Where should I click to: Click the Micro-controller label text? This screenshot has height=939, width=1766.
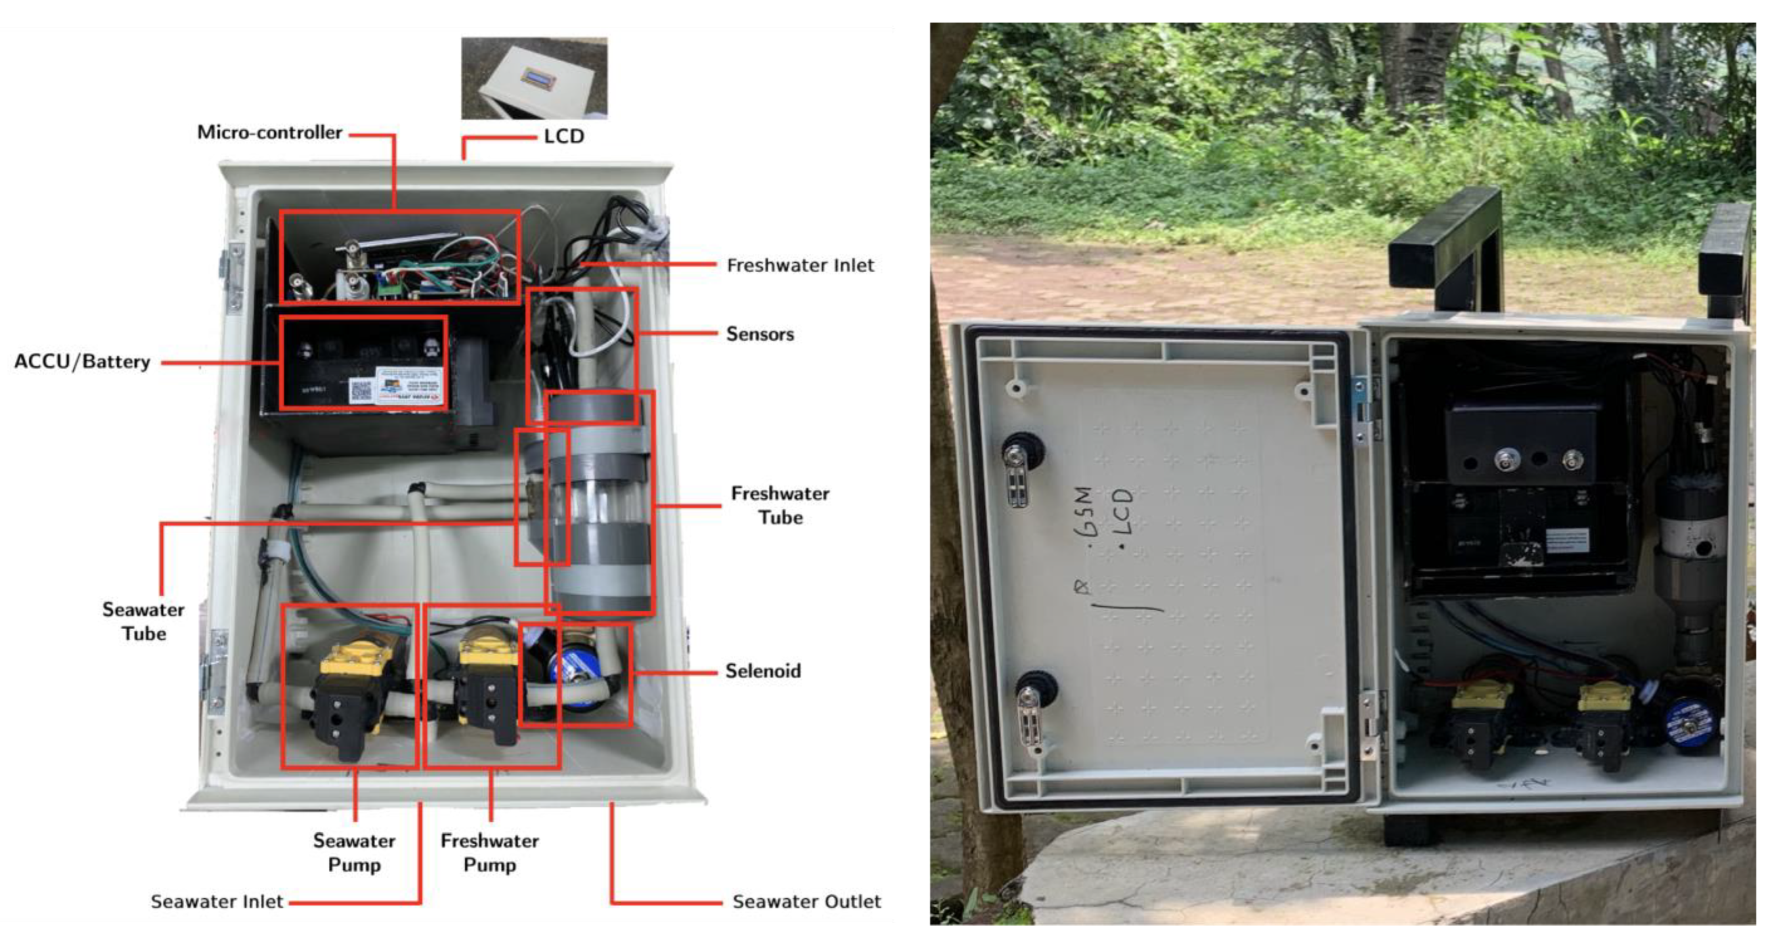(270, 132)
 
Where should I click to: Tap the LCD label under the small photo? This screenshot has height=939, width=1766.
(564, 137)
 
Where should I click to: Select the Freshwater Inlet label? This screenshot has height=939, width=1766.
(800, 265)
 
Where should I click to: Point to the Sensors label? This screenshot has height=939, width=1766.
(759, 334)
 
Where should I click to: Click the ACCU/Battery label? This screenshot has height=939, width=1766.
(82, 361)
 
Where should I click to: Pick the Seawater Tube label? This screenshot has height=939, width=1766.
(143, 621)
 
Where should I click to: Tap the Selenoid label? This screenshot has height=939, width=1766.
(762, 670)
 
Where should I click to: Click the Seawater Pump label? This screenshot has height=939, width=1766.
(354, 852)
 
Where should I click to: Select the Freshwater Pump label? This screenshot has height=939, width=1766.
(489, 852)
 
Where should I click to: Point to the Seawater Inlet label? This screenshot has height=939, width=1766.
(217, 901)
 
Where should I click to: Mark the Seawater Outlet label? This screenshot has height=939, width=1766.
(806, 901)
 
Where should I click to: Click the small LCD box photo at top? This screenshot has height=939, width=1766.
(534, 78)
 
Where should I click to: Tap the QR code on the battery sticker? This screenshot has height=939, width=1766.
(361, 390)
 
